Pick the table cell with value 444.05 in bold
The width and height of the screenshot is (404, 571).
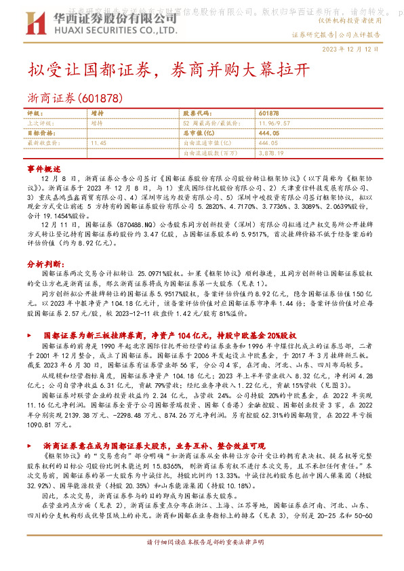pyautogui.click(x=268, y=134)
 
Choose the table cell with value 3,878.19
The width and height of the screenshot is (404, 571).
pyautogui.click(x=271, y=153)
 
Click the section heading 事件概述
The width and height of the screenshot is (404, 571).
pyautogui.click(x=44, y=168)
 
